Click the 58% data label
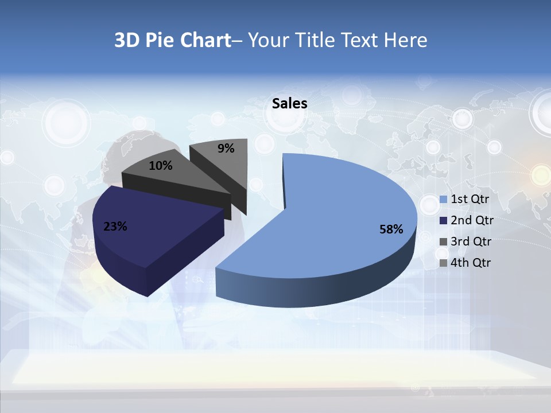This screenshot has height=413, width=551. [x=391, y=229]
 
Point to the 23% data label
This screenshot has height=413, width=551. [x=115, y=227]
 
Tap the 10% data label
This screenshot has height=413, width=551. [x=160, y=166]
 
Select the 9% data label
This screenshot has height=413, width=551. [x=226, y=149]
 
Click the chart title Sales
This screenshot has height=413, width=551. [x=289, y=103]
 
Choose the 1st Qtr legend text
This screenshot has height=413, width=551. [x=469, y=200]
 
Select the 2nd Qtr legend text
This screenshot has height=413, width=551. [x=472, y=220]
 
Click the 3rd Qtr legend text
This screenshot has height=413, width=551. [x=471, y=241]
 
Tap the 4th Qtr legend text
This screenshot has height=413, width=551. [x=471, y=263]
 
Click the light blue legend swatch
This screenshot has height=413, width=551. [x=443, y=200]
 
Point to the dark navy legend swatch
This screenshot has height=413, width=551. [x=443, y=221]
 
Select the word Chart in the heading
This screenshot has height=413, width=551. [x=205, y=40]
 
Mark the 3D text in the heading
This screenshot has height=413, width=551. [x=127, y=40]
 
